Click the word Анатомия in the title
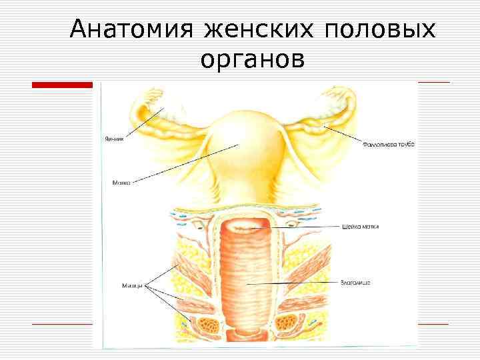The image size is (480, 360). pyautogui.click(x=131, y=29)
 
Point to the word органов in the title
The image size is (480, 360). pyautogui.click(x=253, y=59)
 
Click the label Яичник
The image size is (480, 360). pyautogui.click(x=113, y=139)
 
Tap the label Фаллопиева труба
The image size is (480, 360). pyautogui.click(x=389, y=144)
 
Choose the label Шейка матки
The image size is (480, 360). pyautogui.click(x=360, y=227)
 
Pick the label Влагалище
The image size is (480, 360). pyautogui.click(x=355, y=283)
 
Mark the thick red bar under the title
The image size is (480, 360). pyautogui.click(x=63, y=84)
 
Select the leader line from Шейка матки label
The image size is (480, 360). pyautogui.click(x=300, y=227)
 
